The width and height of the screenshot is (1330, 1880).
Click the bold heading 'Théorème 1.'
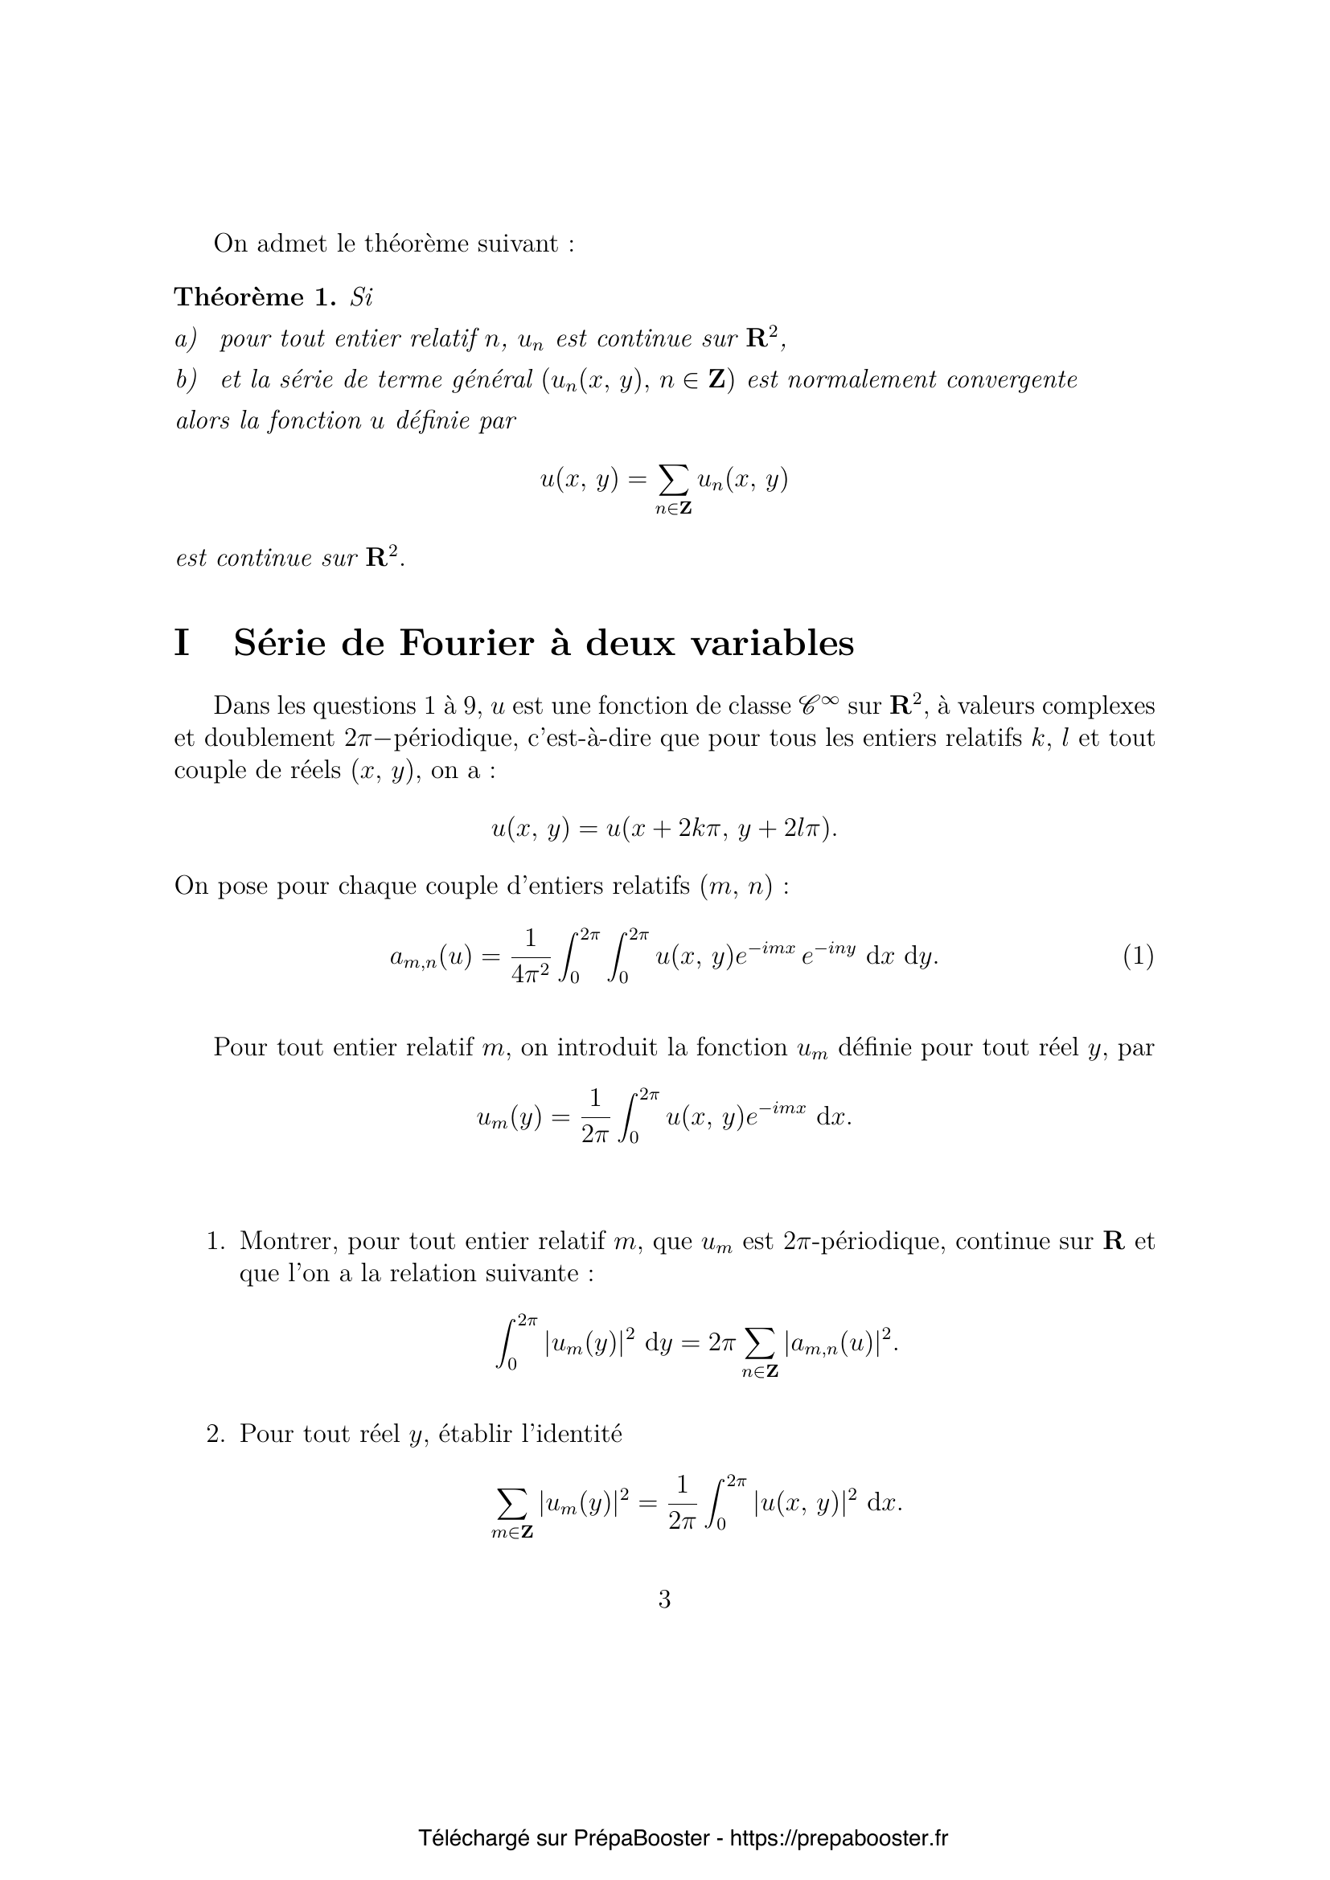[256, 297]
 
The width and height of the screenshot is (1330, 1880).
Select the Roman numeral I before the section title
[182, 643]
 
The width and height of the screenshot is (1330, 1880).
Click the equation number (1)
[1138, 956]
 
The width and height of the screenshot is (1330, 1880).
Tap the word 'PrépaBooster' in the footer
[641, 1816]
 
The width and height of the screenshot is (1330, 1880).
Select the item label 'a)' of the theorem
[187, 339]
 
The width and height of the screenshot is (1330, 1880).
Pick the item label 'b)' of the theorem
[187, 380]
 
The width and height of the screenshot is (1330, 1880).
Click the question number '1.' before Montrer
[216, 1241]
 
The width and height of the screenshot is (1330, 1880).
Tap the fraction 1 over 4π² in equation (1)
[530, 956]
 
